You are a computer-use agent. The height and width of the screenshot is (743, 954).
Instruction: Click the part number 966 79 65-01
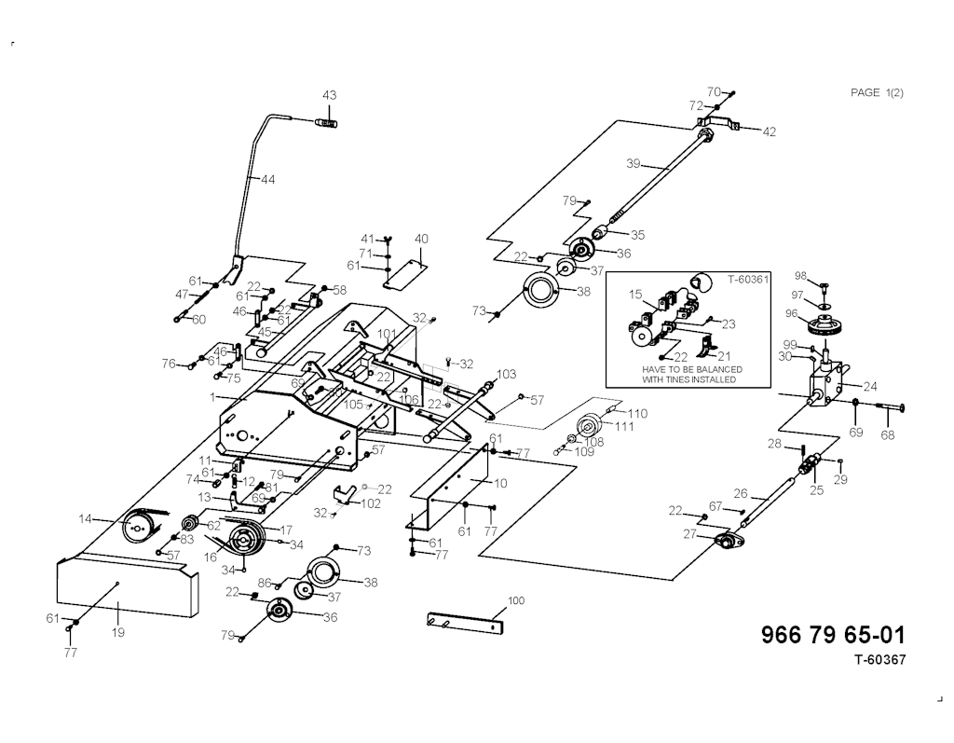click(832, 635)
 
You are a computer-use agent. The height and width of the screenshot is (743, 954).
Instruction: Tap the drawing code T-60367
click(879, 660)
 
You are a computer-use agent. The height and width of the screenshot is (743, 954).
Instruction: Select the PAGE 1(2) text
click(877, 92)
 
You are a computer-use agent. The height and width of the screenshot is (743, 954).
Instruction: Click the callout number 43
click(330, 95)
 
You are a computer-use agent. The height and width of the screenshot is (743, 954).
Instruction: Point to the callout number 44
click(268, 179)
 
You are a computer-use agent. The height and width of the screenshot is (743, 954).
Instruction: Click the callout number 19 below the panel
click(118, 633)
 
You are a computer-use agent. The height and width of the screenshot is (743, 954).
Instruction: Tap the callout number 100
click(516, 599)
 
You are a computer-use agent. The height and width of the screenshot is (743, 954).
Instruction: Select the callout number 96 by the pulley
click(791, 314)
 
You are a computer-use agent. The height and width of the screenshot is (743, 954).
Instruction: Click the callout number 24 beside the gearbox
click(870, 385)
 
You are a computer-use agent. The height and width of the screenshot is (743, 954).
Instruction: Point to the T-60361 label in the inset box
click(744, 279)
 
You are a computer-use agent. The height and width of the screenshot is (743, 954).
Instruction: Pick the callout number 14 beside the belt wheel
click(84, 518)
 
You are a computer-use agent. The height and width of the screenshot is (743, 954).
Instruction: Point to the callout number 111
click(623, 426)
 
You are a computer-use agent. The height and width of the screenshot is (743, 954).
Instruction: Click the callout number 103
click(506, 374)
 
